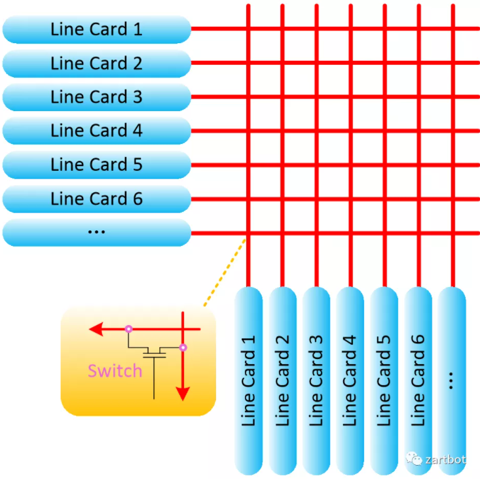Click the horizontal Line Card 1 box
point(96,29)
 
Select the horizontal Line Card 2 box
point(96,63)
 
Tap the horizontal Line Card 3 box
point(96,97)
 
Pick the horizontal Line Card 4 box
point(96,131)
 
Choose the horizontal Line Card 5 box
point(96,165)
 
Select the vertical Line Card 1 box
point(248,380)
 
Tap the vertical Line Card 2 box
point(282,380)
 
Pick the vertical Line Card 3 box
point(316,380)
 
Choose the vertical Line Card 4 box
point(350,380)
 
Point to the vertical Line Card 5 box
point(384,380)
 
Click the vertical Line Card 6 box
point(418,380)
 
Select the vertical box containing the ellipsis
point(452,380)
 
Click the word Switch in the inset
point(115,371)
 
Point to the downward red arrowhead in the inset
point(183,393)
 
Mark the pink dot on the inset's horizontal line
point(128,328)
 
